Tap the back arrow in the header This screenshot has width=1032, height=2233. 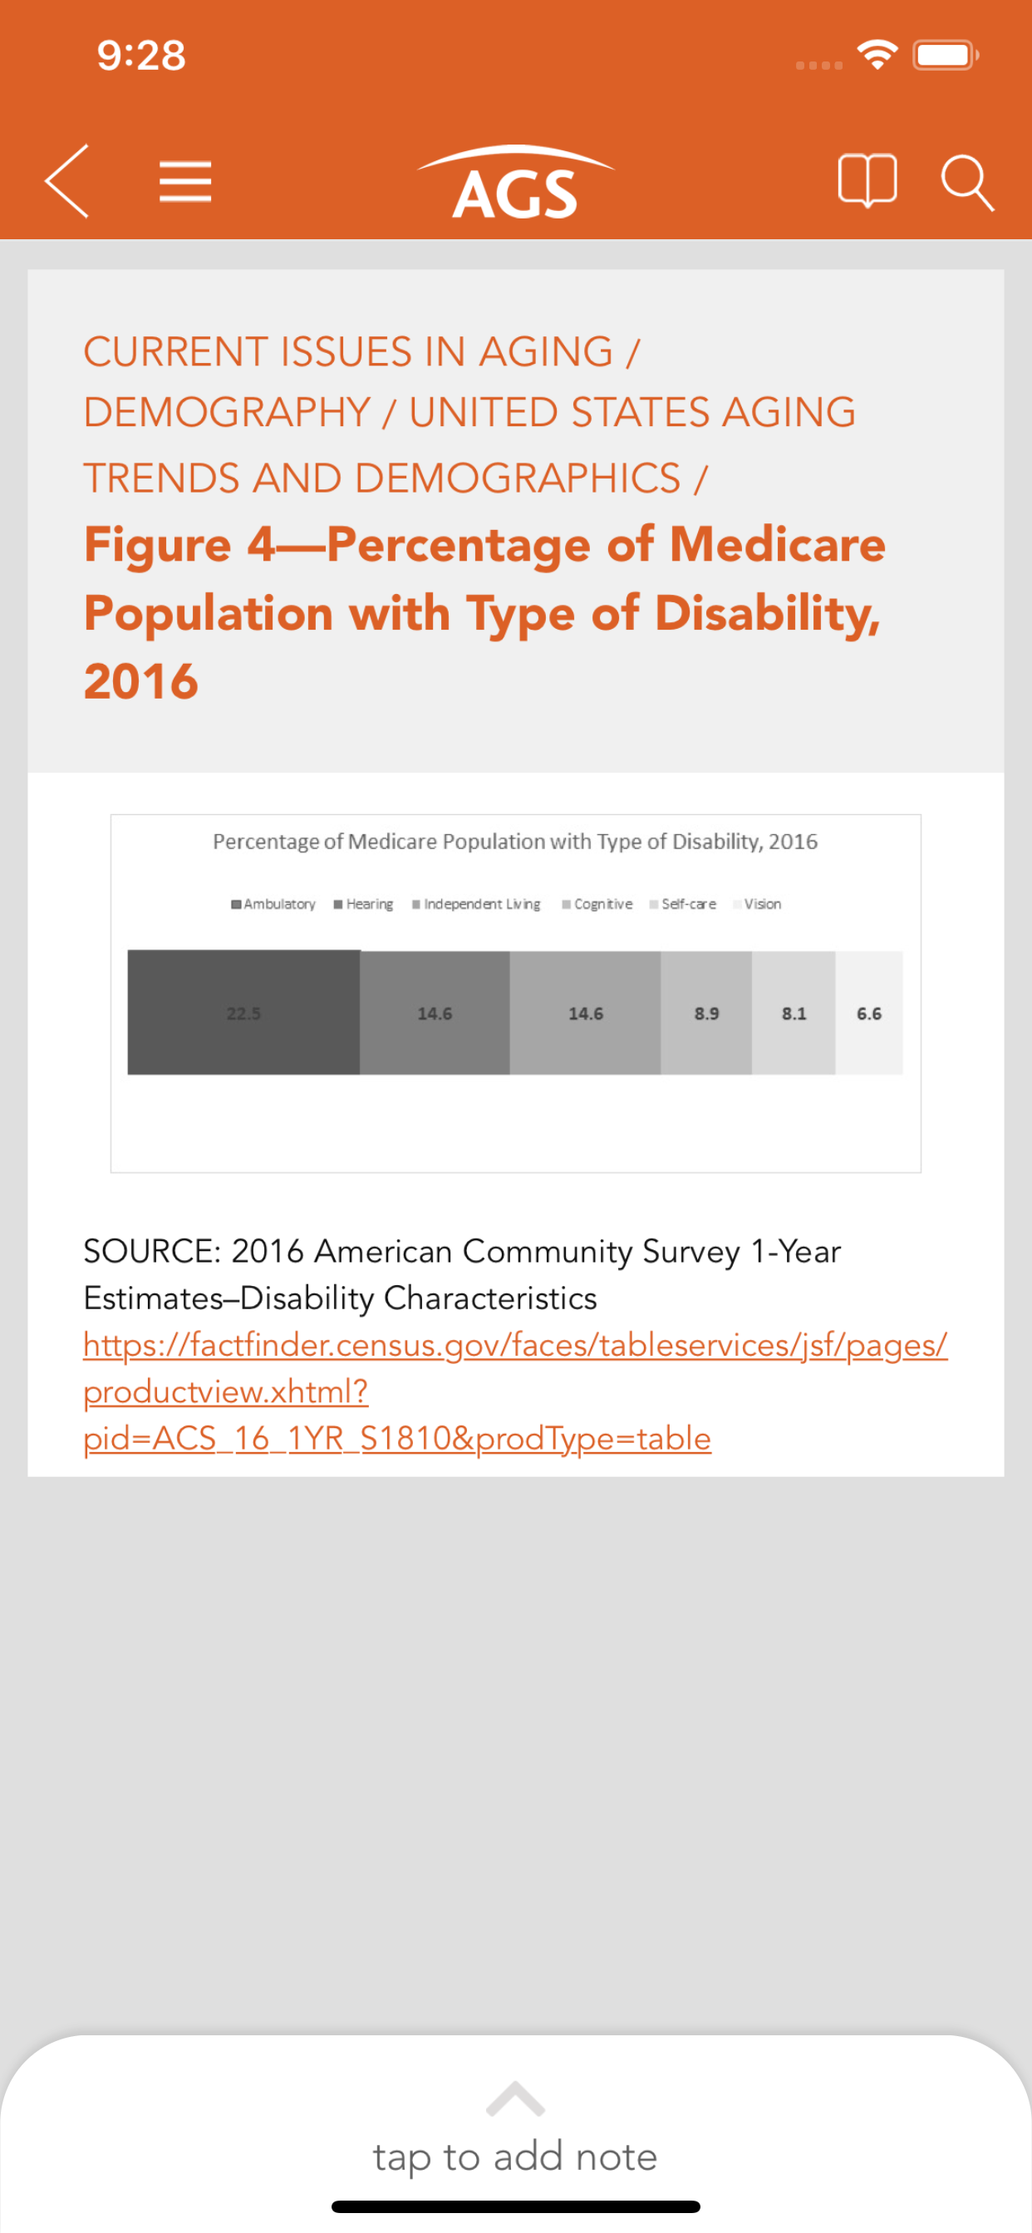coord(67,181)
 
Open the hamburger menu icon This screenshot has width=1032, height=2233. coord(185,181)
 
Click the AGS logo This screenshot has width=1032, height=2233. coord(515,184)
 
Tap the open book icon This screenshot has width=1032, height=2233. coord(867,181)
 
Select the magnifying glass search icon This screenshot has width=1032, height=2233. coord(966,183)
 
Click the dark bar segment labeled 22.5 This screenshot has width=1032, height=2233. coord(243,1013)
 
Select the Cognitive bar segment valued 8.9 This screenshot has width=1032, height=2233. coord(706,1013)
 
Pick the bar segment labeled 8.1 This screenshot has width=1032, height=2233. coord(794,1013)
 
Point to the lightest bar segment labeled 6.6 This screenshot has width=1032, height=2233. coord(869,1013)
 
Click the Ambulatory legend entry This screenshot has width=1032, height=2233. coord(274,904)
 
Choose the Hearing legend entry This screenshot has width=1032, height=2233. coord(364,904)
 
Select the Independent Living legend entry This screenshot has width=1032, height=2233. coord(477,904)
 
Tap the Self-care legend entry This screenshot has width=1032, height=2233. coord(684,904)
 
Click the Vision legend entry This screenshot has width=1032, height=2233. coord(758,904)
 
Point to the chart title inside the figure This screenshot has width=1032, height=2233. coord(515,842)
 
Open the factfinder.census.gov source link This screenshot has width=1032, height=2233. coord(515,1345)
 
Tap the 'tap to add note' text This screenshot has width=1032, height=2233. coord(515,2156)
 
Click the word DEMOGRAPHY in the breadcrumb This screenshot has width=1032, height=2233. coord(227,413)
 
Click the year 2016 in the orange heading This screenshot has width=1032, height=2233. coord(141,681)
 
